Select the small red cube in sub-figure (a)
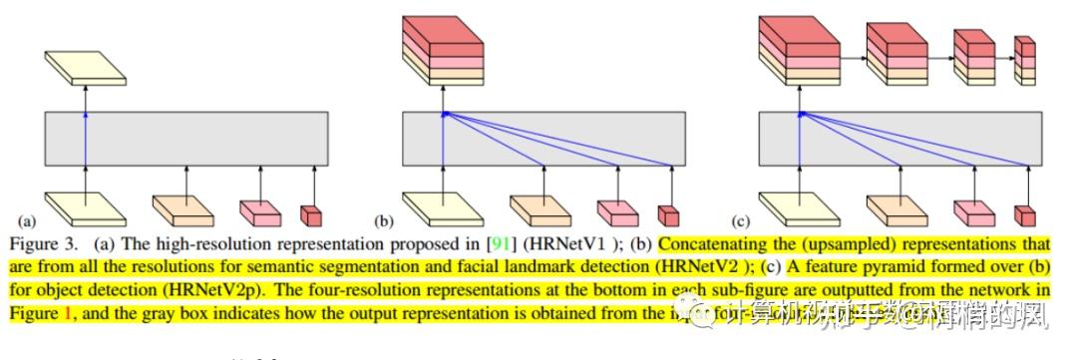tap(312, 214)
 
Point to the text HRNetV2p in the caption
tap(237, 290)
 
